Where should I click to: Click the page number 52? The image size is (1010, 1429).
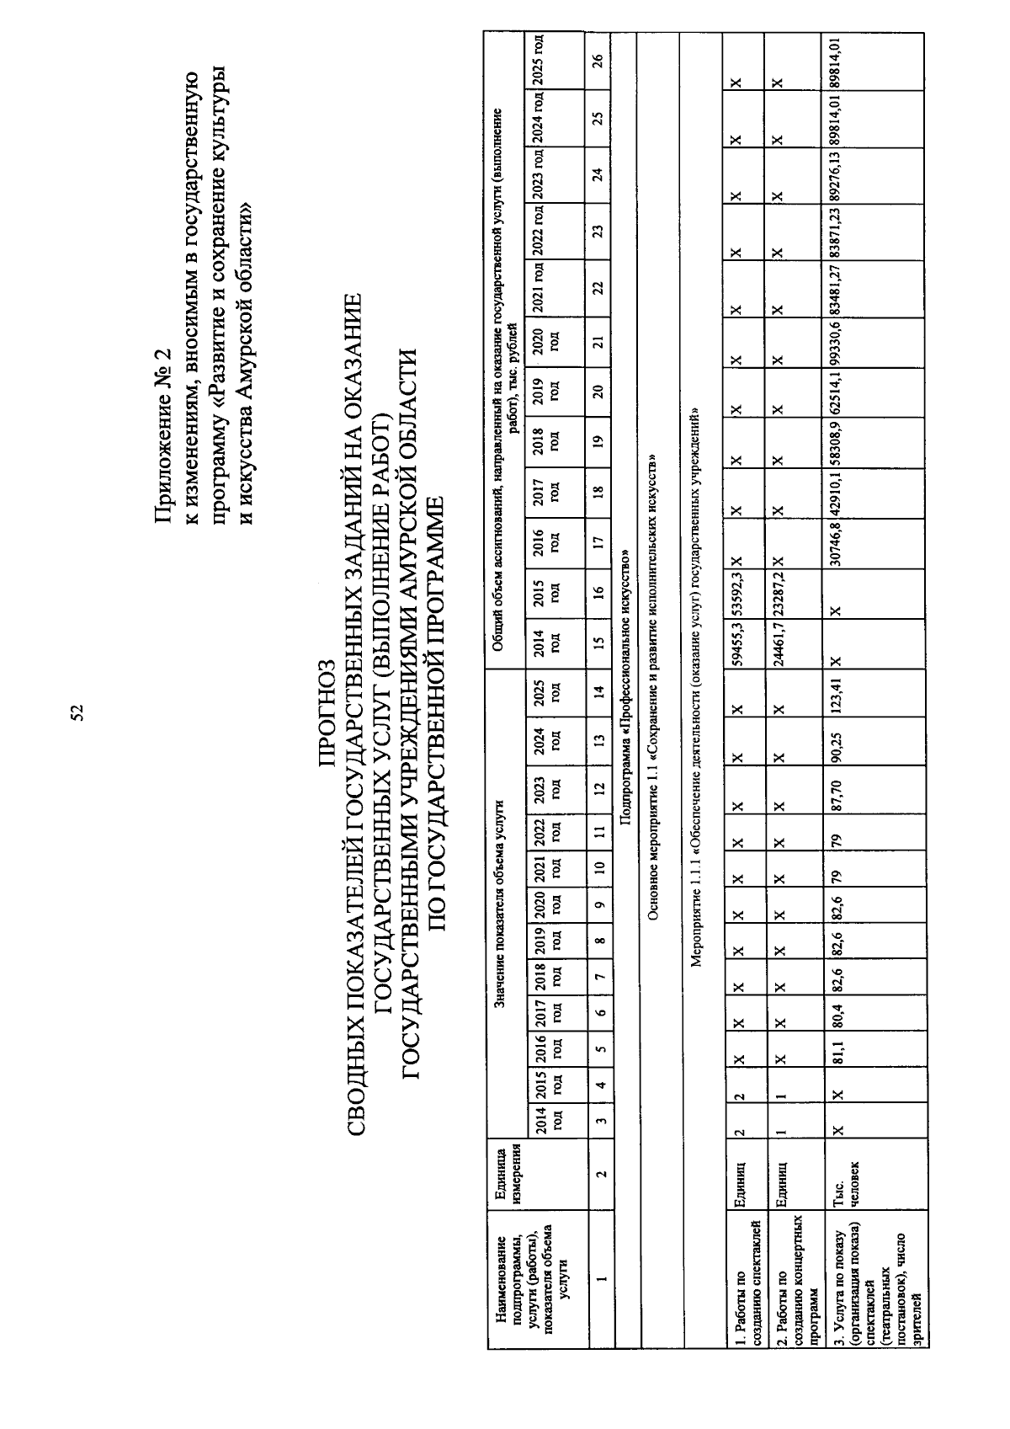pos(77,713)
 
